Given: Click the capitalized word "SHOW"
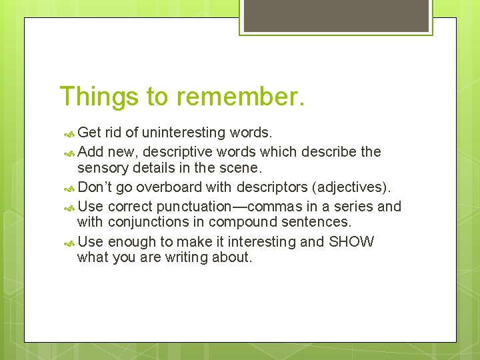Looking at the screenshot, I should coord(351,241).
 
